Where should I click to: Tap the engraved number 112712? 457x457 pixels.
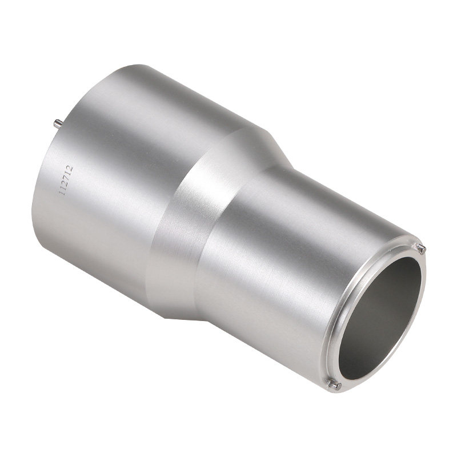tap(66, 181)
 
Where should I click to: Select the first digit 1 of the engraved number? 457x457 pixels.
tap(62, 193)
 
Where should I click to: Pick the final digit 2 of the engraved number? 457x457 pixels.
tap(69, 168)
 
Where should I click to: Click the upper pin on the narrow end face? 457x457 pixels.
tap(420, 248)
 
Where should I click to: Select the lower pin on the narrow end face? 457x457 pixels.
tap(334, 384)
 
